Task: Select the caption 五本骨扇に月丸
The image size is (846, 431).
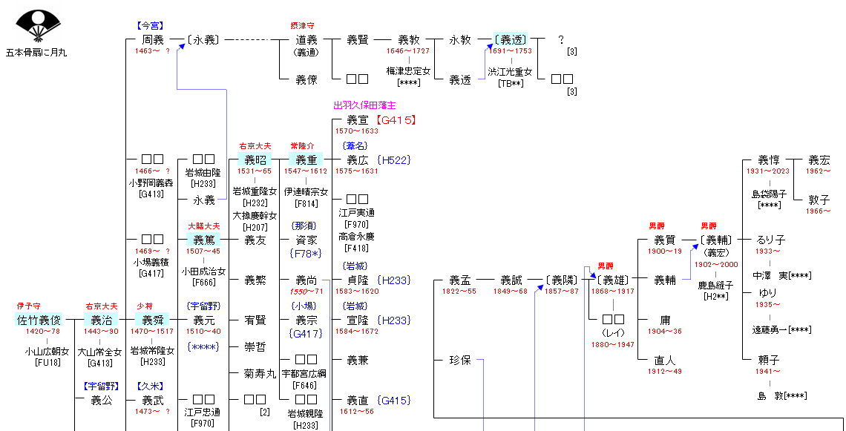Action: coord(36,53)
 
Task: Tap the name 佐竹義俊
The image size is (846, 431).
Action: coord(39,320)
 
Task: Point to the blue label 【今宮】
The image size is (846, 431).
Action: coord(152,26)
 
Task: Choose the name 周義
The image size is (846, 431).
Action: coord(152,40)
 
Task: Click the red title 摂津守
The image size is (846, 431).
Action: coord(306,26)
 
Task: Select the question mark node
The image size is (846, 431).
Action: coord(561,40)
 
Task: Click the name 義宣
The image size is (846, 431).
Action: coord(358,119)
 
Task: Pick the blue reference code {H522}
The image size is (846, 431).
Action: coord(393,160)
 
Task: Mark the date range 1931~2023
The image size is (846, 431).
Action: coord(769,171)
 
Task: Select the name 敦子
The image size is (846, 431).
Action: coord(819,200)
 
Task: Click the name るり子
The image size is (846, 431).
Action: coord(771,240)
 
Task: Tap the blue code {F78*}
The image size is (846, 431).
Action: coord(306,253)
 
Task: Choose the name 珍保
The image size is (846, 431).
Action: coord(460,360)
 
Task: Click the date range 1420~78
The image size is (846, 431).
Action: coord(39,332)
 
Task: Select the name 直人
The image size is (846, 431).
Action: coord(665,360)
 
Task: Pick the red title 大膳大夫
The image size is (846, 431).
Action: coord(203,226)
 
